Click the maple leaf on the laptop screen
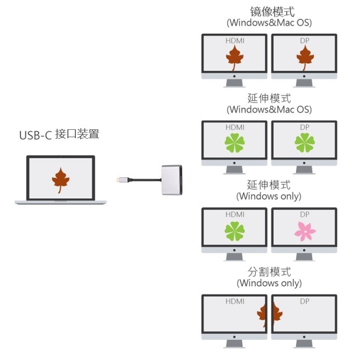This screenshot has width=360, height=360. [61, 180]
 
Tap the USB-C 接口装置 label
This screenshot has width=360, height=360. [59, 135]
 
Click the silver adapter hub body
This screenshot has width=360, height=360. [172, 180]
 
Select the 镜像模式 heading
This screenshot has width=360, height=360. [272, 12]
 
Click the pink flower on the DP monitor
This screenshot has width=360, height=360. [305, 231]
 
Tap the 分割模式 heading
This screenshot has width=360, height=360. [269, 272]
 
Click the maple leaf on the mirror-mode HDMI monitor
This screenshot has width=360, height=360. [234, 58]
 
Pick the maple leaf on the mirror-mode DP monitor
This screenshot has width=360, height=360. [305, 58]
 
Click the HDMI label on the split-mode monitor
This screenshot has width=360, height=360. [235, 301]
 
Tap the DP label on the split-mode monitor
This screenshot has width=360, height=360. [304, 301]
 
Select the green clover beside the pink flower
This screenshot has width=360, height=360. [234, 231]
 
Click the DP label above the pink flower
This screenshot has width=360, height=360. [304, 215]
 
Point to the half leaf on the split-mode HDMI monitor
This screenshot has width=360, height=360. [261, 315]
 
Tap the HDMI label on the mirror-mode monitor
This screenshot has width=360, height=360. [235, 41]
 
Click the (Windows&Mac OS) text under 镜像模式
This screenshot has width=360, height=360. [269, 23]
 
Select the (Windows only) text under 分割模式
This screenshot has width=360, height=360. [269, 283]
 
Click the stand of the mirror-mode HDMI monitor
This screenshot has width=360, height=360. [234, 83]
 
